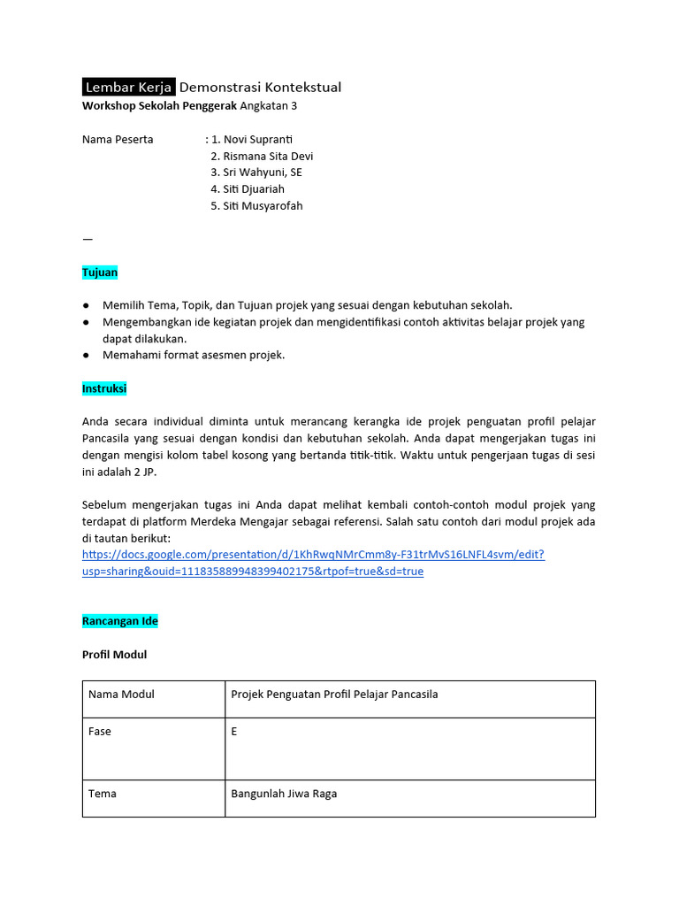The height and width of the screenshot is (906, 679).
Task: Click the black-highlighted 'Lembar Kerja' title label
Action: coord(128,87)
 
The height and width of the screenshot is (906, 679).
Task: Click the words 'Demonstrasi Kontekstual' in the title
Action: coord(260,87)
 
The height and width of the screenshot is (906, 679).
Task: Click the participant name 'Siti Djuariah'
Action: coord(254,189)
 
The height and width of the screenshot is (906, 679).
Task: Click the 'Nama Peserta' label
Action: coord(118,139)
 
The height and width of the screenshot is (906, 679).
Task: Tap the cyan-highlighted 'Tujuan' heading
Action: coord(100,273)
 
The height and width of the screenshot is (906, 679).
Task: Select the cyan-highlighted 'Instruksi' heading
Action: coord(104,388)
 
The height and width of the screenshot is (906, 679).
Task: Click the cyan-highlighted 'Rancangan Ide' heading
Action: coord(120,621)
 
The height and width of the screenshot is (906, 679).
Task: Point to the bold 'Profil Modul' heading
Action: coord(115,655)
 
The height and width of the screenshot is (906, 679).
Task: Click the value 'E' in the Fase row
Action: coord(234,732)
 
